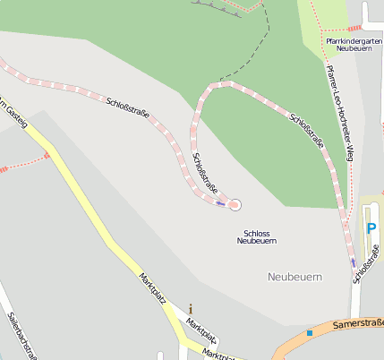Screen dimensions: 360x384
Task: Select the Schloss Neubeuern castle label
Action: [x=257, y=236]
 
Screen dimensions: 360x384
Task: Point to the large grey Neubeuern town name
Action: [x=294, y=277]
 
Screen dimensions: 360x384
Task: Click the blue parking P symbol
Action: [x=371, y=229]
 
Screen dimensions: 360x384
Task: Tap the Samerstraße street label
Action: [x=357, y=323]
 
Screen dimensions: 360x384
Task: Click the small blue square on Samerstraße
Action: [x=310, y=333]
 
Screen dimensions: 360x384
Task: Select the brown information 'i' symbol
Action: [x=190, y=309]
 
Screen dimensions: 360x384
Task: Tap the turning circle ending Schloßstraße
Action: [x=235, y=205]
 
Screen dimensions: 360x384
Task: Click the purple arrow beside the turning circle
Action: [x=219, y=202]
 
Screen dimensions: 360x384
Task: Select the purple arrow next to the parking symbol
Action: [x=354, y=262]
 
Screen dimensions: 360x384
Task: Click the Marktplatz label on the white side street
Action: [x=201, y=330]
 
